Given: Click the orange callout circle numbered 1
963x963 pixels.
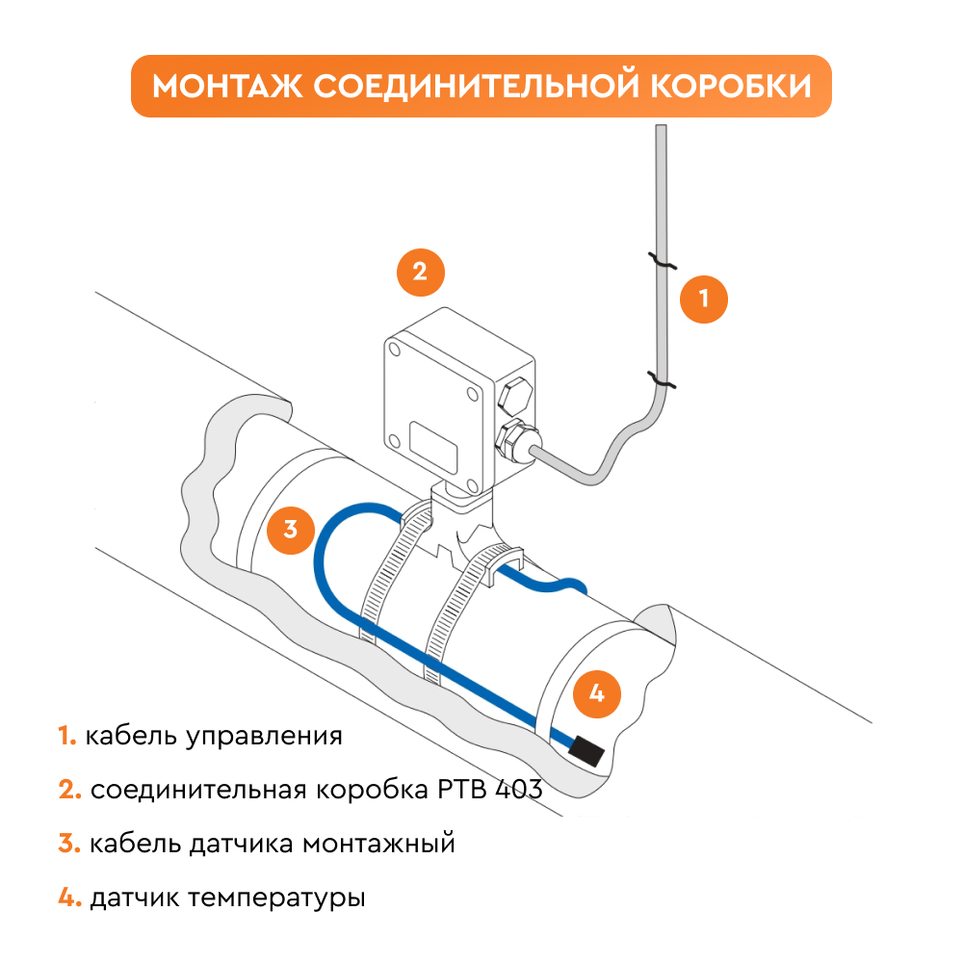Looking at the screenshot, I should pos(704,299).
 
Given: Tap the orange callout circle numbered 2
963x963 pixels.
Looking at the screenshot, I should pos(421,272).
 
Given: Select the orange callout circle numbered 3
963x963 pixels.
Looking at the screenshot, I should pos(290,529).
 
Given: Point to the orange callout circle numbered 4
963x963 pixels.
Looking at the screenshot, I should pos(596,692).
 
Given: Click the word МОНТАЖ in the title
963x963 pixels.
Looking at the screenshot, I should pos(227,87).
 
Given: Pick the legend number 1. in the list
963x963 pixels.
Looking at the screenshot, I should pos(66,737).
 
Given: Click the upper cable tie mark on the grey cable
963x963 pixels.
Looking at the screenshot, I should pos(661,260).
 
